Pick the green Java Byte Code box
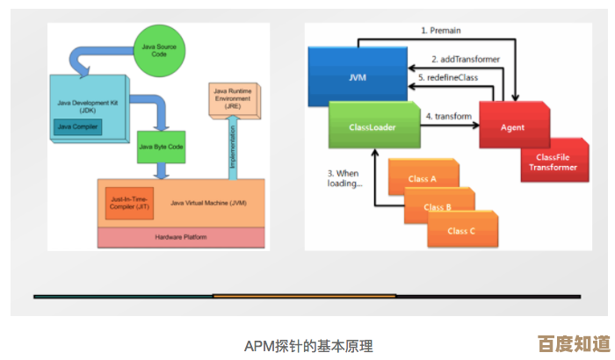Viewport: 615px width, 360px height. pos(161,148)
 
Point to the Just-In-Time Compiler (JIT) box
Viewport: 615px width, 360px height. pos(126,204)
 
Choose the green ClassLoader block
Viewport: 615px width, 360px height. pos(372,127)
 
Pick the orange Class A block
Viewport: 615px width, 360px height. pos(422,179)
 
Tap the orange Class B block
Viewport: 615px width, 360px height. pos(437,207)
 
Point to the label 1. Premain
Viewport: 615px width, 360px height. pos(441,30)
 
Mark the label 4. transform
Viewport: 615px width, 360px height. pos(448,116)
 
